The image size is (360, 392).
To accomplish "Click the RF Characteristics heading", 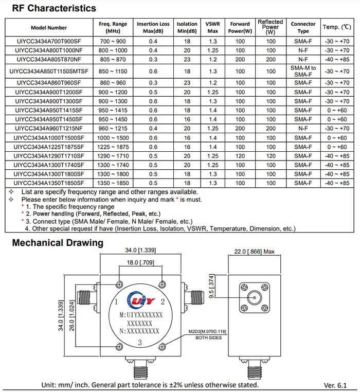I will (54, 8).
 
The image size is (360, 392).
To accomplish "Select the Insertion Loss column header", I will (153, 27).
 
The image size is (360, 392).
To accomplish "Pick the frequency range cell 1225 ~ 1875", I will (113, 147).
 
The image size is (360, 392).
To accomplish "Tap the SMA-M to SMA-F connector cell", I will (303, 72).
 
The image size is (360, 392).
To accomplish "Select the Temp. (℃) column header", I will (336, 27).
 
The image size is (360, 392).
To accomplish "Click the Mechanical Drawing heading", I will (58, 243).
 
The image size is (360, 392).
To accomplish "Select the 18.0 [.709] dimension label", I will (140, 263).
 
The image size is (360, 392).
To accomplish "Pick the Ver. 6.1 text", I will (336, 385).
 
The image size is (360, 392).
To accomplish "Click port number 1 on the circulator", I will (117, 301).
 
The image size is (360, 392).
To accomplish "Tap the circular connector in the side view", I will (255, 298).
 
